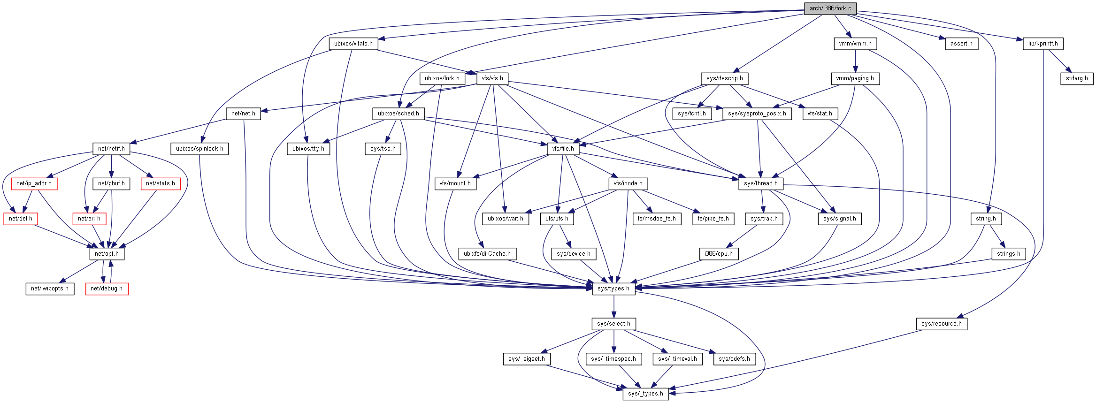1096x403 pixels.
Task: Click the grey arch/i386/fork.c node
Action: pos(830,8)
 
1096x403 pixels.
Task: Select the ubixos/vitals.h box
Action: pos(353,44)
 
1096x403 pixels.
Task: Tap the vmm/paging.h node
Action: pos(855,78)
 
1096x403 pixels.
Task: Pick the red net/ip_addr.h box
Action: pos(34,183)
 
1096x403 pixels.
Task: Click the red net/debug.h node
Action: pos(107,289)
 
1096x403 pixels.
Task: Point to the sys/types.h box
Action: pos(613,289)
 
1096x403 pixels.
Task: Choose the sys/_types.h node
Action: pos(645,394)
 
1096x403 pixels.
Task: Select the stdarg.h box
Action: pos(1076,78)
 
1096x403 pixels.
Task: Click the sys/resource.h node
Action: pos(941,324)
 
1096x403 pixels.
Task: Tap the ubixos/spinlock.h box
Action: pos(199,149)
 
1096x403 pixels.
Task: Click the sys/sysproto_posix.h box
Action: pos(757,114)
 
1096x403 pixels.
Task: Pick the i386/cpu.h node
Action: pos(718,254)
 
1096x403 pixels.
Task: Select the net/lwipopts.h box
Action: pos(50,289)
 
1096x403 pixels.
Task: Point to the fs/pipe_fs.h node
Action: pos(713,219)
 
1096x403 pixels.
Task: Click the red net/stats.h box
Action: pos(160,183)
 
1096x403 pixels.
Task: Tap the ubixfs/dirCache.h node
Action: pos(487,254)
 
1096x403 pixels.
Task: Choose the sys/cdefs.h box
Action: pos(734,359)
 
